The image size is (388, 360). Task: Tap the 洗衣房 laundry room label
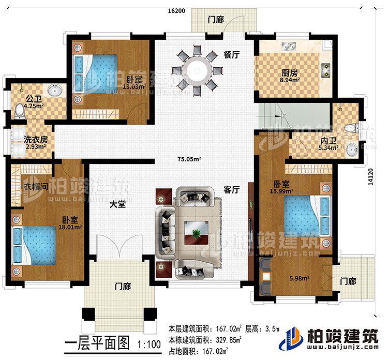(x=35, y=139)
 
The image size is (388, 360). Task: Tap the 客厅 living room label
(x=232, y=190)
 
